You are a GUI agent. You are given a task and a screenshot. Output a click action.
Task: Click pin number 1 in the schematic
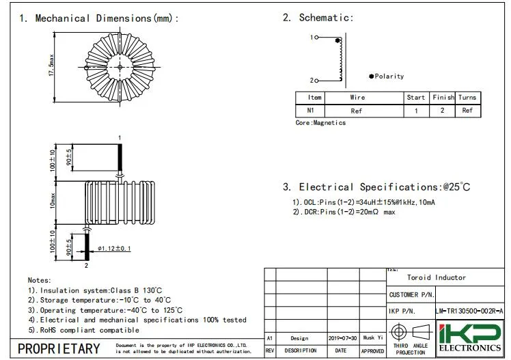click(312, 37)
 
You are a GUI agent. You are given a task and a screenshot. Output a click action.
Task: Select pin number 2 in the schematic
click(312, 81)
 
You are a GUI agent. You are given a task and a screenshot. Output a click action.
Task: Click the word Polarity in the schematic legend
click(389, 77)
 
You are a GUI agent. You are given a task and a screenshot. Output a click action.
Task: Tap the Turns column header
click(467, 98)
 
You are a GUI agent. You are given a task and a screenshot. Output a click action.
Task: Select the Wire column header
click(357, 98)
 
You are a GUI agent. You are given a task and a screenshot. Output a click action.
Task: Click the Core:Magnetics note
click(320, 123)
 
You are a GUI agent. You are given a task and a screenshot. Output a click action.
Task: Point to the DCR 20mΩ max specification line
click(344, 212)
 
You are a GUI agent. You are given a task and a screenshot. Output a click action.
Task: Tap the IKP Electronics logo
click(469, 339)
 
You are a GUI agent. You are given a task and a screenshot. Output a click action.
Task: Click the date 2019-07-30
click(342, 338)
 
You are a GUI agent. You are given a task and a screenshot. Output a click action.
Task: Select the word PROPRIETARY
click(58, 348)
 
